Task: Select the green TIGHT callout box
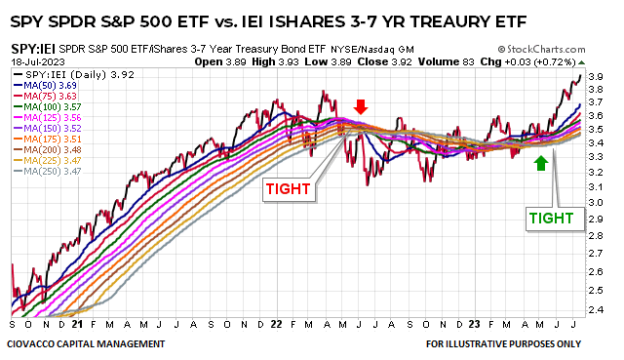tap(551, 219)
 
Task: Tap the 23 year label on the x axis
tap(472, 323)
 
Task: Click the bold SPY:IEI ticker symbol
tap(33, 47)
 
